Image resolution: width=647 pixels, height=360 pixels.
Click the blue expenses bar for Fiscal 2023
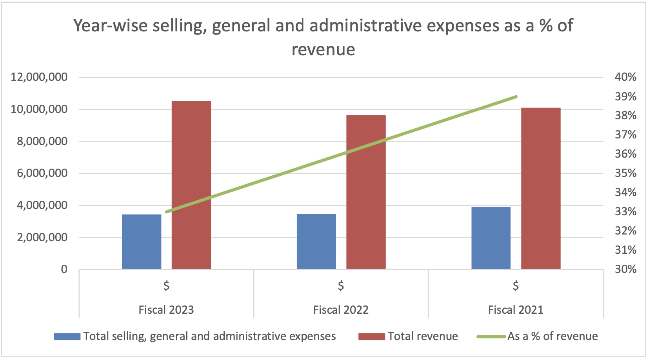(x=142, y=242)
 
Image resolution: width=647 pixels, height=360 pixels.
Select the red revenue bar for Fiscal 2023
(x=191, y=185)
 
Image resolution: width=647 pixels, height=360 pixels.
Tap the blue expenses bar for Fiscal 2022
(x=316, y=242)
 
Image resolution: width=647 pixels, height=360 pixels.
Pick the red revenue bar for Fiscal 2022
(x=366, y=192)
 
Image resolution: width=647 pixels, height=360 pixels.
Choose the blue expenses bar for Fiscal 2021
(x=491, y=238)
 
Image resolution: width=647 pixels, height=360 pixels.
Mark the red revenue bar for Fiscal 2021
(x=541, y=188)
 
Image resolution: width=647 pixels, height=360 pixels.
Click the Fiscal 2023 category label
(x=166, y=310)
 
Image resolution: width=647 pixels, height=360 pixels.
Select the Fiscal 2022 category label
(x=341, y=310)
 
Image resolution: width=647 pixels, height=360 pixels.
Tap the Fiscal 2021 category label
(x=516, y=310)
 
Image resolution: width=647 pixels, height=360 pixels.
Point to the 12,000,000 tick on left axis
(x=39, y=77)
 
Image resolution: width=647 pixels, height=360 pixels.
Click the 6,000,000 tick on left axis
(x=42, y=173)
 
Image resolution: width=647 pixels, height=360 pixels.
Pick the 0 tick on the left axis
(x=64, y=269)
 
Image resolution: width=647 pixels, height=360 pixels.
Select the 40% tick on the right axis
(x=625, y=77)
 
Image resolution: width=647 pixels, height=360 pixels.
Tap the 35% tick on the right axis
(x=625, y=173)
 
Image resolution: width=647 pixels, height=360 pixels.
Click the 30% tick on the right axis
(x=625, y=269)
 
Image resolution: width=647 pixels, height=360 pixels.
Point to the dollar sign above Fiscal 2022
(x=341, y=285)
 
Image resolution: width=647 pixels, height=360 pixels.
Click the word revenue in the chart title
(x=323, y=50)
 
